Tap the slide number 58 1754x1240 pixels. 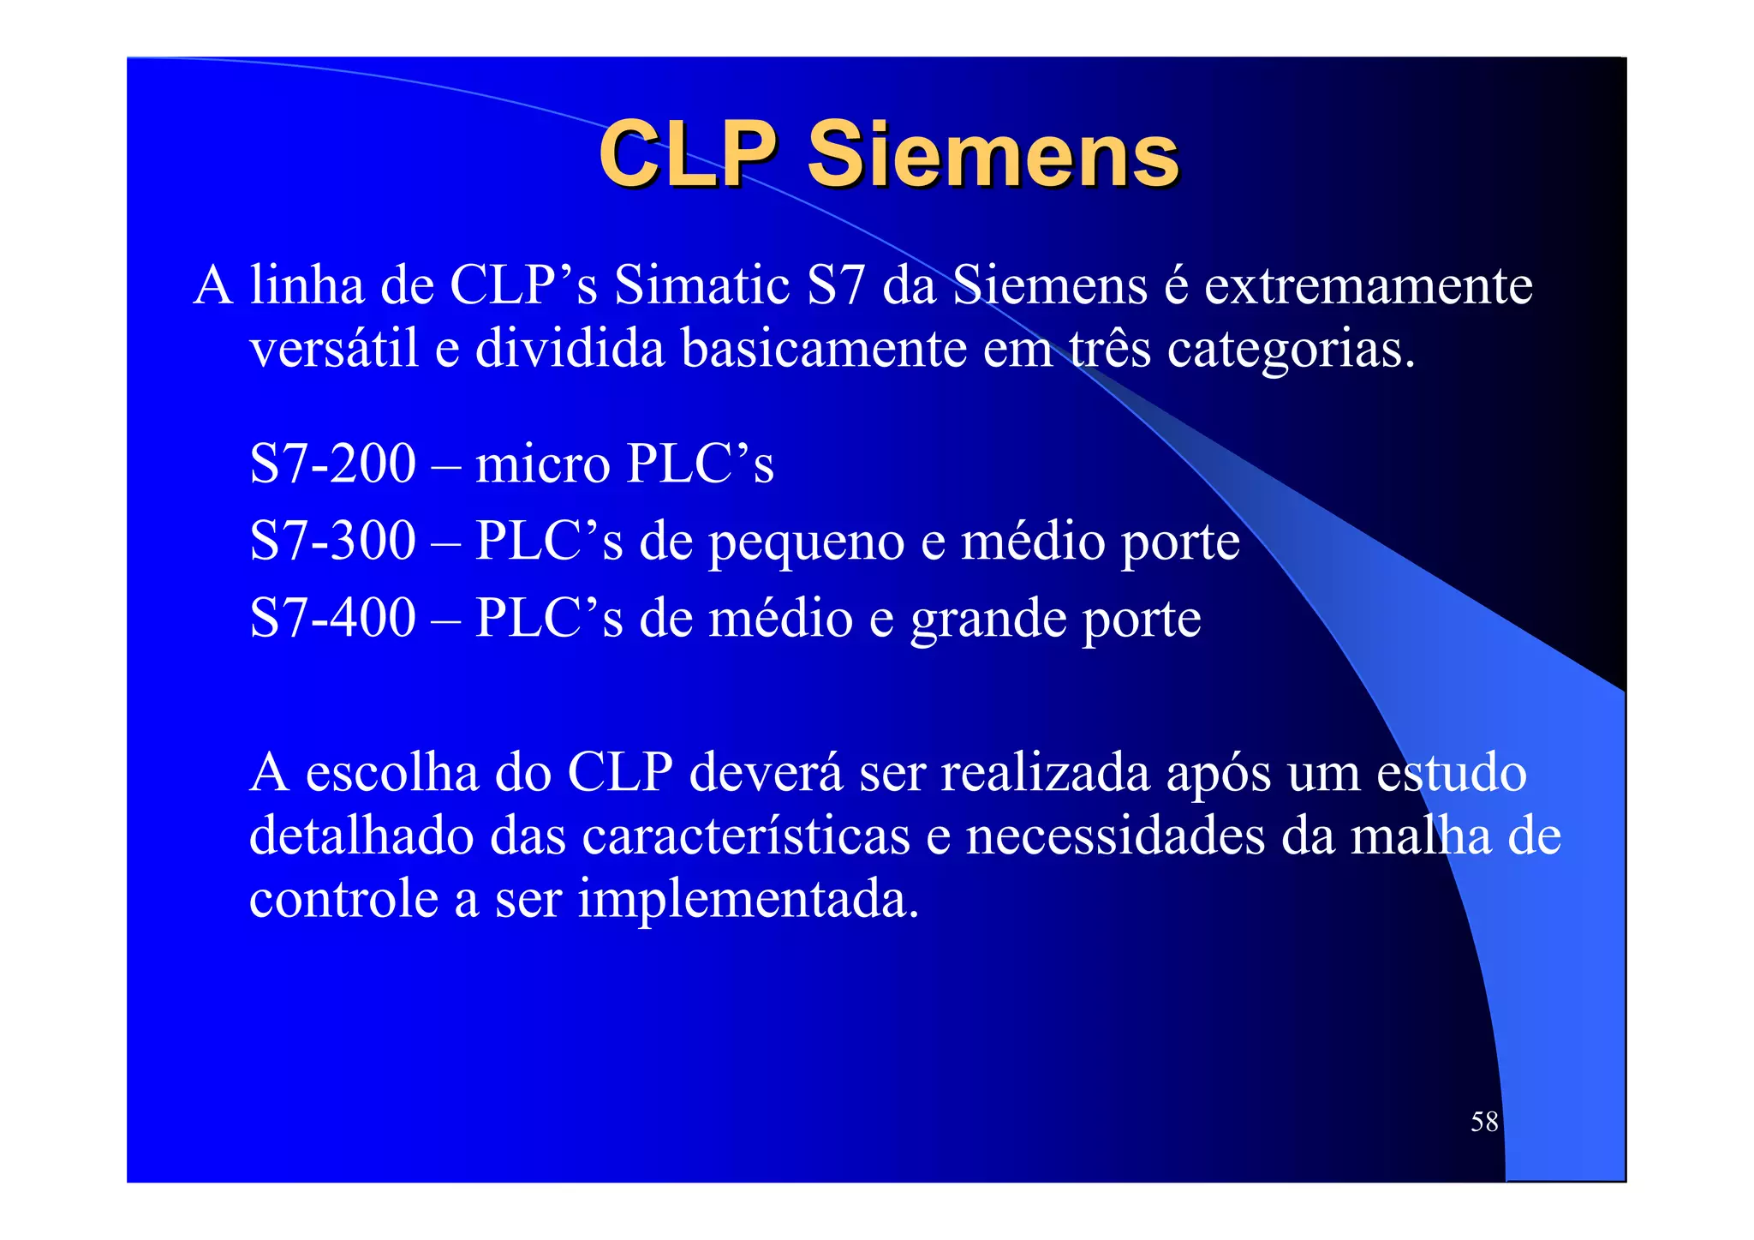(x=1484, y=1121)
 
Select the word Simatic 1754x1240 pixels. (x=701, y=285)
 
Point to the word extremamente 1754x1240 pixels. (x=1368, y=285)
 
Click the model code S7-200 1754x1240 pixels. (x=332, y=464)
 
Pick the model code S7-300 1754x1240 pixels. (x=332, y=541)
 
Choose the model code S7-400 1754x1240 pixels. (x=332, y=618)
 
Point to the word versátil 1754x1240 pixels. (x=334, y=349)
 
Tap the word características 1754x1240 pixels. (x=746, y=836)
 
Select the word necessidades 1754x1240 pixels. (x=1115, y=836)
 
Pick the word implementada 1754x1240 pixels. (x=748, y=900)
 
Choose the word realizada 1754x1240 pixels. (x=1046, y=772)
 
